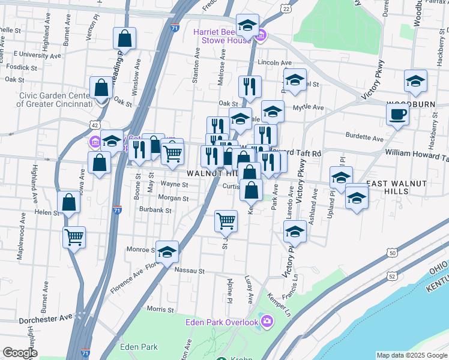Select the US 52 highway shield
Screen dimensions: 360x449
[x=392, y=275]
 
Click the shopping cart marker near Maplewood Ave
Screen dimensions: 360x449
[x=74, y=236]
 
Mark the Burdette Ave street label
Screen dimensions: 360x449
[x=365, y=139]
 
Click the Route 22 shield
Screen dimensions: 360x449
[x=286, y=10]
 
